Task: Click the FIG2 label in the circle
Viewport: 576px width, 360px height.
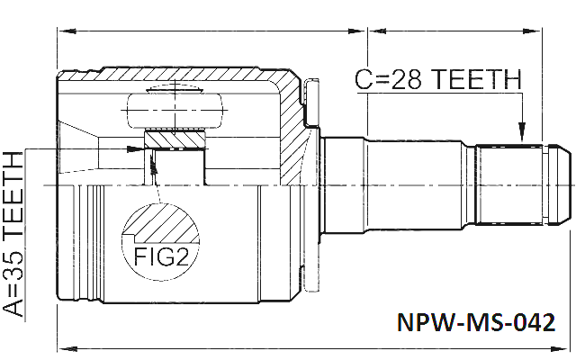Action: (x=161, y=256)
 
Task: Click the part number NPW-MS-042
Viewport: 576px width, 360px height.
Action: (x=476, y=322)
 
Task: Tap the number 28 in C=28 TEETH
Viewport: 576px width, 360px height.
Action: (x=405, y=79)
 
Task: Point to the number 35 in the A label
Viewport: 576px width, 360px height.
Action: (x=13, y=262)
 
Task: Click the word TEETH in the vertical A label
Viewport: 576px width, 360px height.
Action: (x=13, y=193)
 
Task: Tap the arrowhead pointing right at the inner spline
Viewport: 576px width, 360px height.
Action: (x=135, y=148)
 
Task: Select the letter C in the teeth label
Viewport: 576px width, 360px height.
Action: (x=364, y=79)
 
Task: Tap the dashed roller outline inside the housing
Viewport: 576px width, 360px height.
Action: (x=175, y=110)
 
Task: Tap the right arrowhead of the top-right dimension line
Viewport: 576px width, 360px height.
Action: (x=532, y=31)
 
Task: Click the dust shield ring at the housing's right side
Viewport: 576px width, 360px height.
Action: (x=311, y=184)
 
